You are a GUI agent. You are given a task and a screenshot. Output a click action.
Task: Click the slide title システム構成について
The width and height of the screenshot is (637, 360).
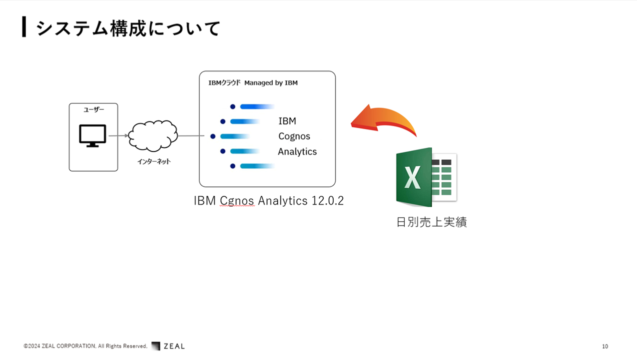(128, 28)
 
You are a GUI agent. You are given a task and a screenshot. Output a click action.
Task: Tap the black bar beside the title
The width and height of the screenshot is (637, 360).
(24, 26)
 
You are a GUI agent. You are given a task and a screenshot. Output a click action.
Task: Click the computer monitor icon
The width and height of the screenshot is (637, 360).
(93, 136)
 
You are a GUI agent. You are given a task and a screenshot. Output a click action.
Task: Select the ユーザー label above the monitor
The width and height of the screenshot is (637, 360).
(93, 110)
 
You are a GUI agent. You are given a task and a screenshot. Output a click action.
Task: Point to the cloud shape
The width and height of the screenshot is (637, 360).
(153, 136)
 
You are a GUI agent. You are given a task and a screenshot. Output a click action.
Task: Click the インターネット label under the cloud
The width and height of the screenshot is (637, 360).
(154, 162)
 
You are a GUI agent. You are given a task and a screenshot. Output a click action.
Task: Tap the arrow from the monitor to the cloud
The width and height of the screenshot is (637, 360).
(118, 136)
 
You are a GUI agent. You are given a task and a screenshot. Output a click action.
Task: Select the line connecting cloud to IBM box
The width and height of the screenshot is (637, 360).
(191, 136)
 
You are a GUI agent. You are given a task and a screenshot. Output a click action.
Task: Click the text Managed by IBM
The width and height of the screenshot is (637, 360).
(271, 83)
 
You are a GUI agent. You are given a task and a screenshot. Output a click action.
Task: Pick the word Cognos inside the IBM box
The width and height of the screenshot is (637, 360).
(294, 136)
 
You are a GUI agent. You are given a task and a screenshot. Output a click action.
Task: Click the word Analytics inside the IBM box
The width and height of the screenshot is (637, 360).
(297, 151)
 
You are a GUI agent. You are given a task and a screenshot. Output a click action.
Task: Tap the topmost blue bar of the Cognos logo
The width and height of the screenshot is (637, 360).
(257, 106)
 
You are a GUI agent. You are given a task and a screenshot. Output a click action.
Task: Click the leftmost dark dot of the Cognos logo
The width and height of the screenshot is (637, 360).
(213, 136)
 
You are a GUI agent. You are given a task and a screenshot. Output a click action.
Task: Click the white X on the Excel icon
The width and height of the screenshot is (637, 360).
(412, 177)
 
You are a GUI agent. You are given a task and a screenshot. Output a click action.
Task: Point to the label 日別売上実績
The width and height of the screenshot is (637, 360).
(431, 222)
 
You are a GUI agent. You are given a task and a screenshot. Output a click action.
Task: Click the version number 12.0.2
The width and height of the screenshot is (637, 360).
(328, 201)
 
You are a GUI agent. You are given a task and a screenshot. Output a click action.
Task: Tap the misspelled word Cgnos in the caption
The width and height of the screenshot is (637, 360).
(237, 201)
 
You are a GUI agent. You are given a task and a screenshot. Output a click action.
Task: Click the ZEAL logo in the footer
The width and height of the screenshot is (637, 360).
(168, 346)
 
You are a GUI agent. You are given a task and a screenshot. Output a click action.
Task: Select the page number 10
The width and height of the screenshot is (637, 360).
(605, 347)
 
